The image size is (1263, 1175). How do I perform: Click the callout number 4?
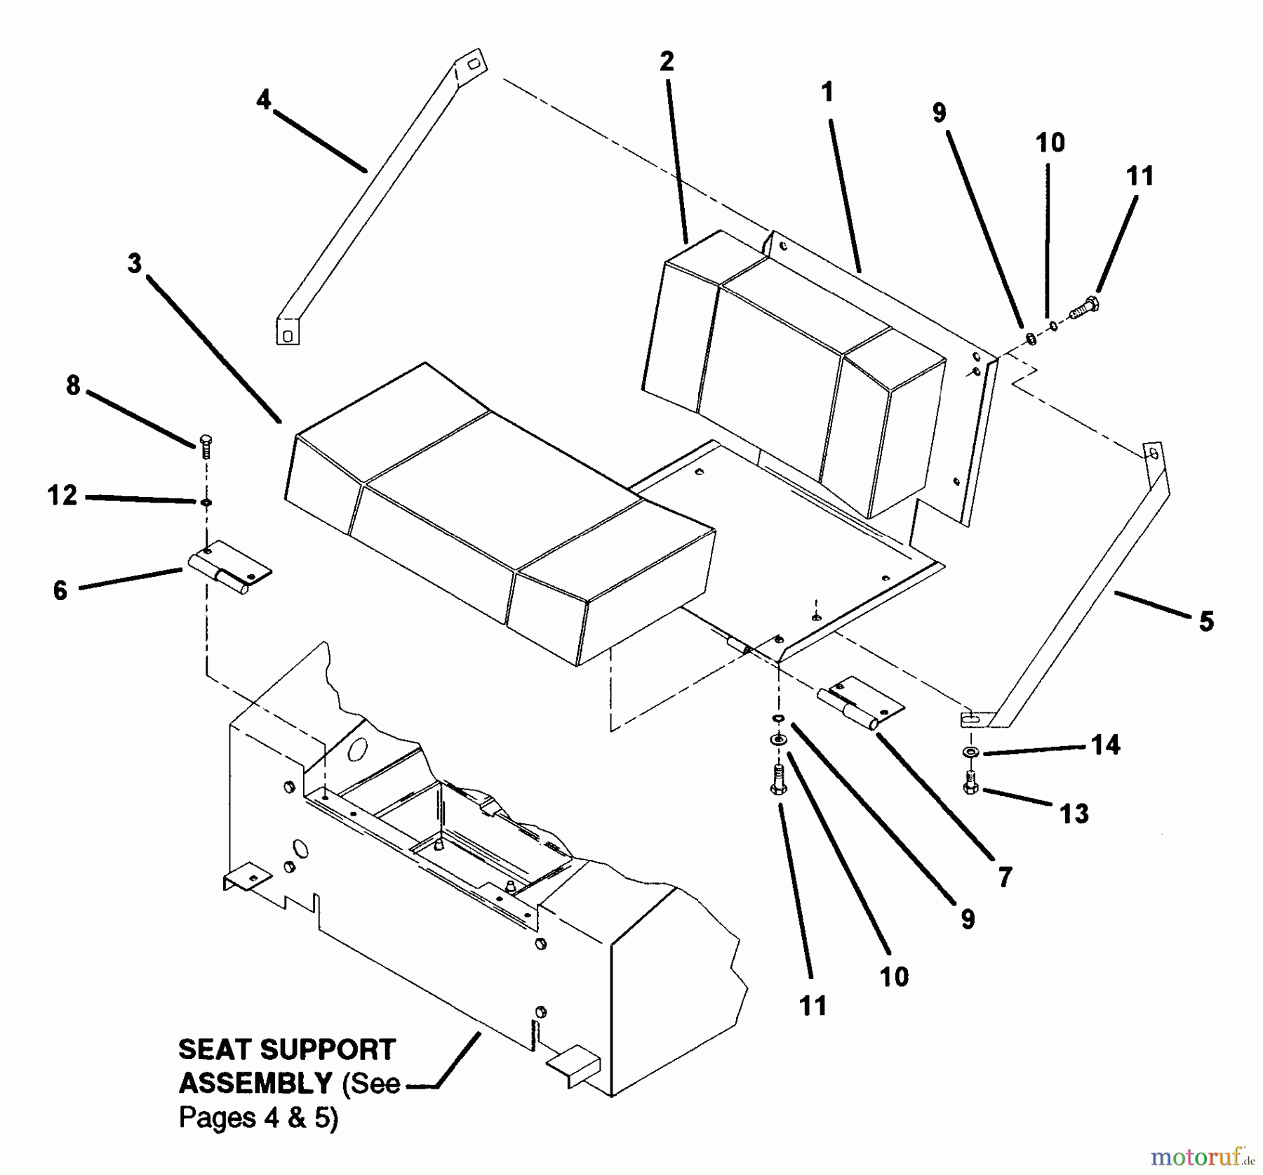(x=263, y=100)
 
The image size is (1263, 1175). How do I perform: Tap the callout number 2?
(x=667, y=61)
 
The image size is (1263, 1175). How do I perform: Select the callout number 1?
(x=827, y=92)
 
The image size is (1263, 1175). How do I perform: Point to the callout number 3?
(x=134, y=264)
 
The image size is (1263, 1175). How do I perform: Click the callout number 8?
(x=73, y=385)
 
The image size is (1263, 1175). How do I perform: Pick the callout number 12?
(x=62, y=496)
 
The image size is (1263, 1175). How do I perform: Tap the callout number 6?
(x=60, y=590)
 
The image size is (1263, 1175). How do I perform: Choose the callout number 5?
(x=1206, y=621)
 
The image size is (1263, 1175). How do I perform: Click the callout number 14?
(x=1105, y=745)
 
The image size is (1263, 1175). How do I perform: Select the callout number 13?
(x=1074, y=814)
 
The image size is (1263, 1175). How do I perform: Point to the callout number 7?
(x=1005, y=877)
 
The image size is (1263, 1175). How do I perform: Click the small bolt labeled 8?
(x=206, y=446)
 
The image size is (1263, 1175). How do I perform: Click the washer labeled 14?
(x=970, y=752)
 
